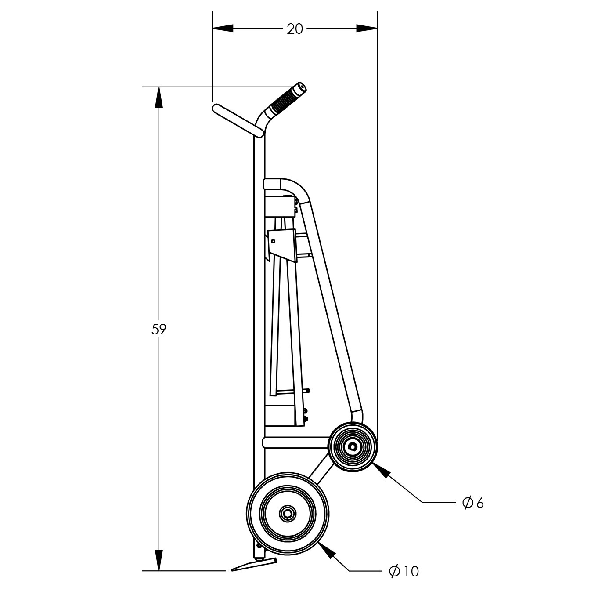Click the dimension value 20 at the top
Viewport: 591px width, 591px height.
[x=295, y=29]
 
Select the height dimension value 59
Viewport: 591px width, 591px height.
[x=159, y=329]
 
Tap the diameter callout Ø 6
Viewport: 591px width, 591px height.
[x=472, y=503]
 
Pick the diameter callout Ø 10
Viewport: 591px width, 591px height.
[x=404, y=571]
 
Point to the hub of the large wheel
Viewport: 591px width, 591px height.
[x=288, y=514]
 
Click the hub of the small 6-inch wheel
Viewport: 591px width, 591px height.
[x=353, y=447]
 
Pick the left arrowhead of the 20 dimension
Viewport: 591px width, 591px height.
[x=223, y=29]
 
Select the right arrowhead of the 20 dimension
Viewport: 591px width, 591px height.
[x=367, y=29]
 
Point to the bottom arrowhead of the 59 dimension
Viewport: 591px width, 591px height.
[x=159, y=560]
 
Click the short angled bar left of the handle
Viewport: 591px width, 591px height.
[x=238, y=120]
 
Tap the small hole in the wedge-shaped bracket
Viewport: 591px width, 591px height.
[x=273, y=241]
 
